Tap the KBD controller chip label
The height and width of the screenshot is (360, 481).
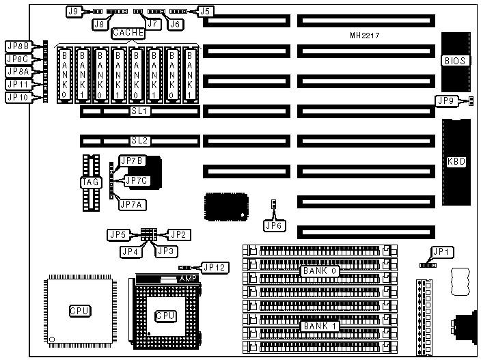point(456,163)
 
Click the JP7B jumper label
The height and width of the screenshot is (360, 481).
point(130,161)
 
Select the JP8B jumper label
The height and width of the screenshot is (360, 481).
point(17,46)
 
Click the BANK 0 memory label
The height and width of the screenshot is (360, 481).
point(320,271)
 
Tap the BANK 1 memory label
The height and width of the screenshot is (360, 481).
point(320,326)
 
